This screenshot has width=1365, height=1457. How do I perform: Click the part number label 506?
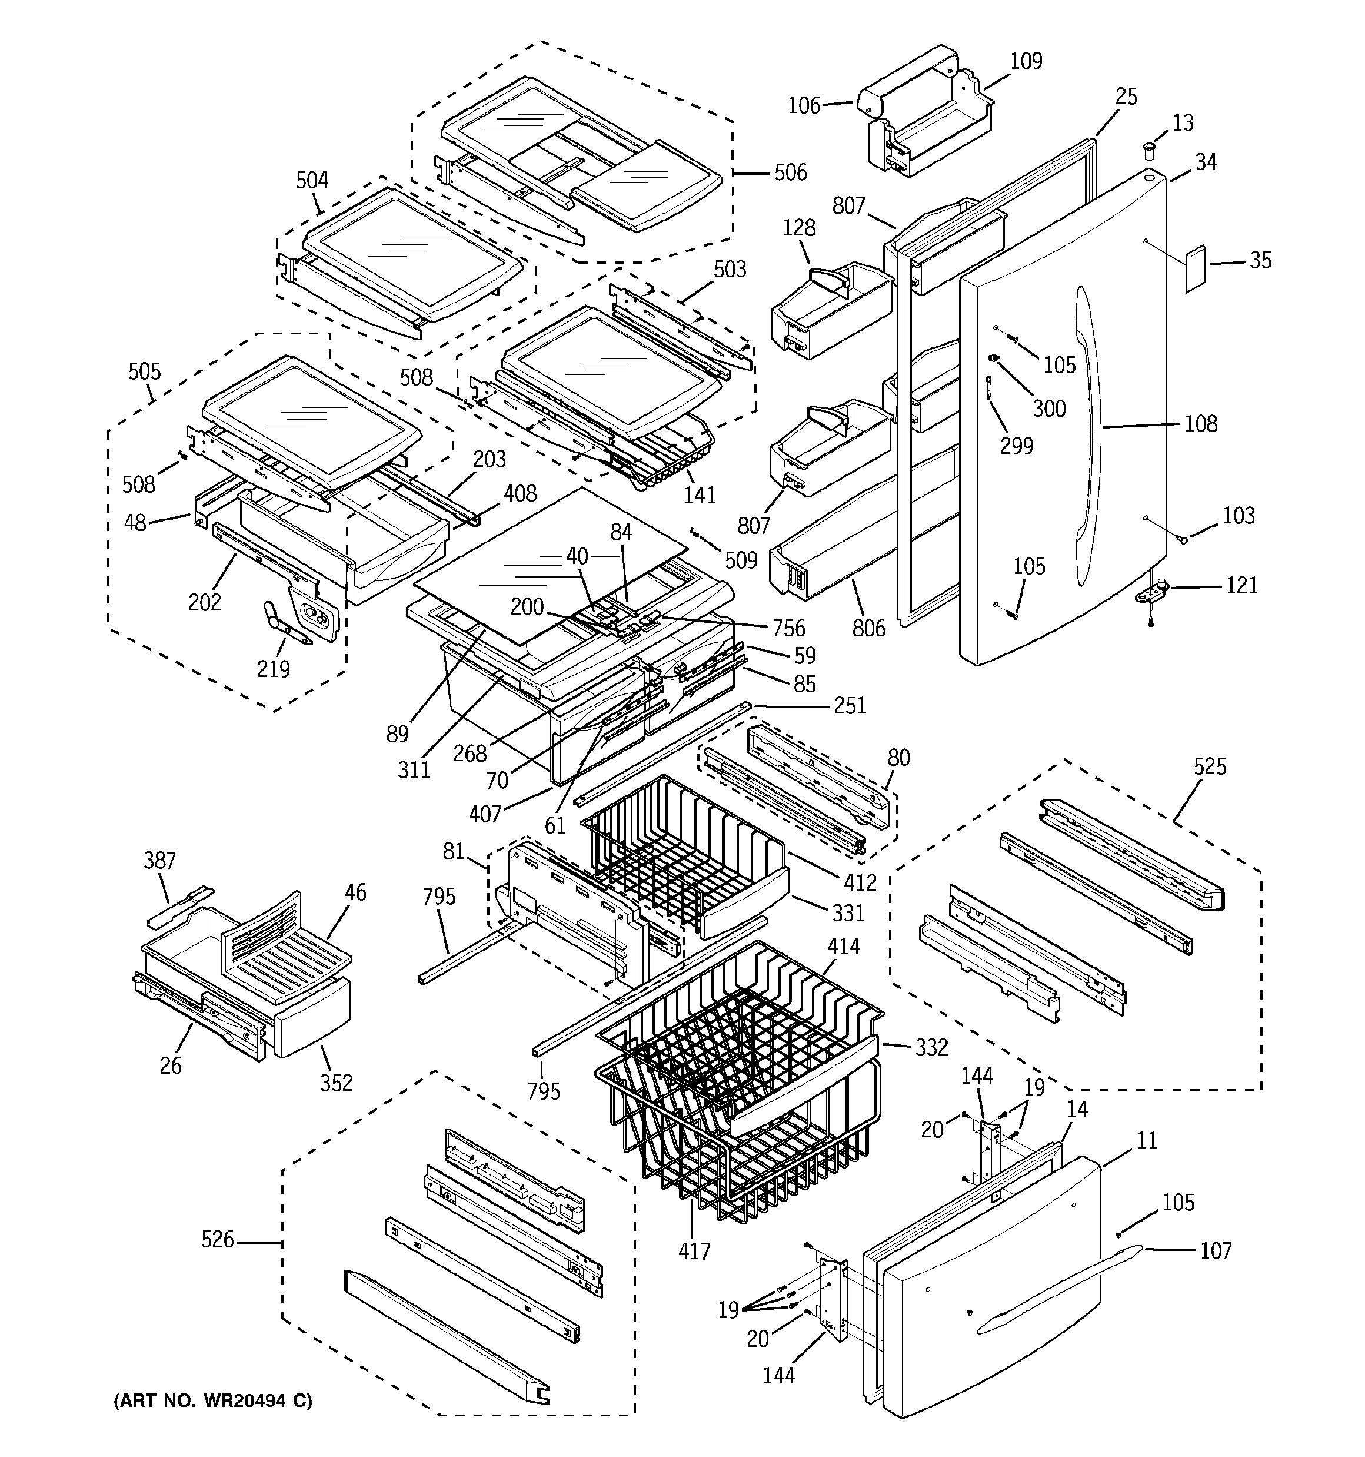791,173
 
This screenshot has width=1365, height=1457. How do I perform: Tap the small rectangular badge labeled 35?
1196,269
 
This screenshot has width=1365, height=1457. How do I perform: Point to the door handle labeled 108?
1090,433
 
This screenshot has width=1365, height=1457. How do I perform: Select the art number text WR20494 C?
212,1400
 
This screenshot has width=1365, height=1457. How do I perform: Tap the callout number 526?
218,1239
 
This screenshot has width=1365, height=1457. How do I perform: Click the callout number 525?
1210,766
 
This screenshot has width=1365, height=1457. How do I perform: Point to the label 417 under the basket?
694,1250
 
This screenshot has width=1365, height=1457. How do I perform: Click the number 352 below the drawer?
337,1083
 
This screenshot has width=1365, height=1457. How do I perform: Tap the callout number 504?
312,180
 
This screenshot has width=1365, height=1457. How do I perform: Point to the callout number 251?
850,706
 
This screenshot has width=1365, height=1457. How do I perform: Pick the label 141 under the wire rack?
699,496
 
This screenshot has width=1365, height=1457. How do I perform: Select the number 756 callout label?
788,628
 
